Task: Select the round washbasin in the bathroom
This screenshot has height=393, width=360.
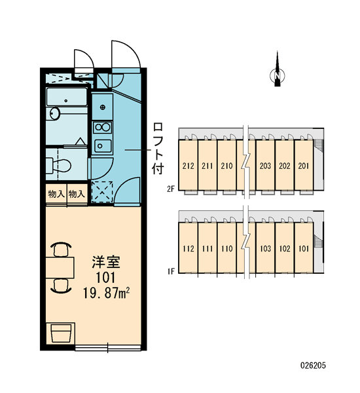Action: tap(54, 114)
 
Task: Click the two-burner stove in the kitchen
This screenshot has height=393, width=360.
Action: tap(103, 127)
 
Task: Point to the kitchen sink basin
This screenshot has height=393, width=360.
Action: tap(103, 146)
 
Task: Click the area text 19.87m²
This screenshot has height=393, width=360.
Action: tap(106, 293)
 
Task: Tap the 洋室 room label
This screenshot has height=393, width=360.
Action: tap(106, 262)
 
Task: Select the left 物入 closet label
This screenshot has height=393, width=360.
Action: tap(56, 194)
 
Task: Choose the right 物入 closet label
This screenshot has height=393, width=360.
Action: tap(77, 194)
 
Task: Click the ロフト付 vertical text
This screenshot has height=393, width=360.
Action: tap(158, 149)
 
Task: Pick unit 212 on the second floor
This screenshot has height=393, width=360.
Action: tap(188, 166)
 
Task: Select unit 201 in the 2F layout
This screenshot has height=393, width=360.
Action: tap(304, 166)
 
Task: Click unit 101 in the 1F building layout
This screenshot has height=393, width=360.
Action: tap(304, 249)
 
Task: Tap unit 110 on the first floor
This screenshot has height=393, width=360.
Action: tap(226, 249)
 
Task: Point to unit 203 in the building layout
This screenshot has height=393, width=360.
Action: tap(265, 166)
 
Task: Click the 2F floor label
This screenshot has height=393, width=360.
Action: tap(171, 189)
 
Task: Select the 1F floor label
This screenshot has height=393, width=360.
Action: tap(171, 271)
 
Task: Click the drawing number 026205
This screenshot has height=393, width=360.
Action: tap(313, 365)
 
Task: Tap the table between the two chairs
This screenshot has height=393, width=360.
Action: tap(60, 267)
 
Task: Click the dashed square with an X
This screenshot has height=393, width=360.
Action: tap(102, 192)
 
